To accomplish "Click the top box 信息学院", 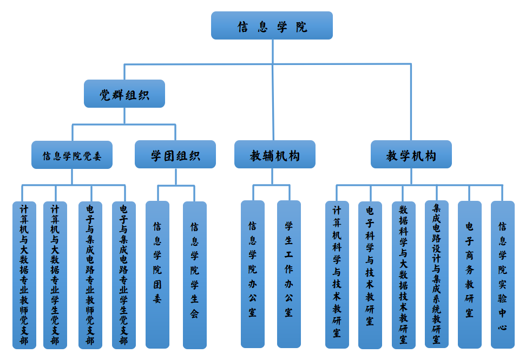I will (x=272, y=25).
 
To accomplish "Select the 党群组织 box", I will (x=124, y=94).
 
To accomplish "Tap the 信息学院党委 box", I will (x=72, y=155).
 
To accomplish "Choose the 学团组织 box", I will (x=175, y=155).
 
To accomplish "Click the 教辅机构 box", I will (x=274, y=155).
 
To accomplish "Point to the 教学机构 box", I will (x=411, y=155).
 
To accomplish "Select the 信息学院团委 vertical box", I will (x=157, y=274).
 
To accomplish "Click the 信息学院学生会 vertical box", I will (x=195, y=274).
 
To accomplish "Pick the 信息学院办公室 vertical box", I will (x=253, y=274).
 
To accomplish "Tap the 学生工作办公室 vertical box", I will (x=289, y=274).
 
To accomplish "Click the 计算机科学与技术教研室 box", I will (x=337, y=274).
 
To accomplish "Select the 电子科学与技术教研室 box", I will (x=370, y=275).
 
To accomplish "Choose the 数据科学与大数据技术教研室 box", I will (x=404, y=275).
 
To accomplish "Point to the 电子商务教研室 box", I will (x=470, y=274).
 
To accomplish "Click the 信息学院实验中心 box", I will (x=503, y=274).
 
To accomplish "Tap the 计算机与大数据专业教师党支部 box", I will (x=24, y=275).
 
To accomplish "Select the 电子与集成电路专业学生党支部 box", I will (x=124, y=275).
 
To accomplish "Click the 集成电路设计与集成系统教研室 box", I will (x=437, y=274).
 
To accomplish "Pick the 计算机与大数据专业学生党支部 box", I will (x=55, y=275).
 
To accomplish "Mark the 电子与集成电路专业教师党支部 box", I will (x=90, y=275).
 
